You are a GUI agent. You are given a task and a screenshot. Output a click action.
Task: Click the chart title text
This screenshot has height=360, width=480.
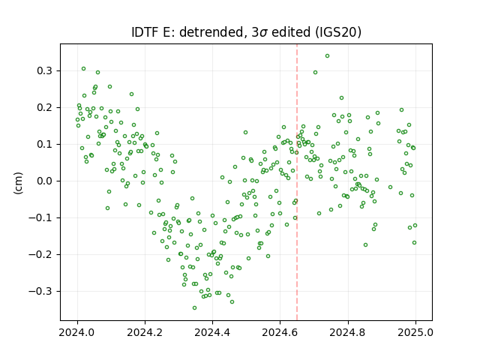pos(246,32)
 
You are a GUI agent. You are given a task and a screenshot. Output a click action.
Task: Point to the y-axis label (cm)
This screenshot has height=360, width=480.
pos(18,183)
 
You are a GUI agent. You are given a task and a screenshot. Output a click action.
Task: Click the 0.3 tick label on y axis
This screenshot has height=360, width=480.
pos(44,70)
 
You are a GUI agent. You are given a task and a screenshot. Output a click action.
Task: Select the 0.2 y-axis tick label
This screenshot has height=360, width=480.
pos(44,107)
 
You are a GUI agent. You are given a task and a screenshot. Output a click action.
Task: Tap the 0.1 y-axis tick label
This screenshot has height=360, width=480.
pos(44,144)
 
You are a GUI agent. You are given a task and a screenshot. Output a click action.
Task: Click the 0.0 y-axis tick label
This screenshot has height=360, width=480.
pos(44,181)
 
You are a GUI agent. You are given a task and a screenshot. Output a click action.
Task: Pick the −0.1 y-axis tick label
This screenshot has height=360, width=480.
pos(40,217)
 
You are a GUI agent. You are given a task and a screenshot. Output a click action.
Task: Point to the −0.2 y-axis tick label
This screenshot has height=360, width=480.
pos(40,254)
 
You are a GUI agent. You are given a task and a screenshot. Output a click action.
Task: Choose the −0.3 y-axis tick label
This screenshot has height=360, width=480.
pos(40,291)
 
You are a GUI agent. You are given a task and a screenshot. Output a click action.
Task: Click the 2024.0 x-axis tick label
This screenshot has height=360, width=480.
pos(77,332)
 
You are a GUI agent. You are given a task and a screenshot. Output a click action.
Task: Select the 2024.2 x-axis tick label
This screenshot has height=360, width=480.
pos(145,332)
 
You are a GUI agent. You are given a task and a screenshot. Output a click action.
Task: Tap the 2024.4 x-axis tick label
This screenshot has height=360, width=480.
pos(212,332)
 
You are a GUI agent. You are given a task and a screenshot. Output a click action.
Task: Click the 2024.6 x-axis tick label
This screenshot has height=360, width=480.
pos(280,332)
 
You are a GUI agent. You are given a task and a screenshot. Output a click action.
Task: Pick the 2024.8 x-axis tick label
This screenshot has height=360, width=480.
pos(348,332)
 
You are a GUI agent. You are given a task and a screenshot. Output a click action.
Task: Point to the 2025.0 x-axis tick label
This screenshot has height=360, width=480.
pos(415,332)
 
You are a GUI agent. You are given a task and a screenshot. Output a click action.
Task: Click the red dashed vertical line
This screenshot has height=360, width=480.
pos(297,182)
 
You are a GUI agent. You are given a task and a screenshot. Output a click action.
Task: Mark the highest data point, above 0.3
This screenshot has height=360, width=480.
pos(327,56)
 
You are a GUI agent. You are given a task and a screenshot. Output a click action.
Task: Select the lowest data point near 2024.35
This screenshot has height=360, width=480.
pos(194,308)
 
